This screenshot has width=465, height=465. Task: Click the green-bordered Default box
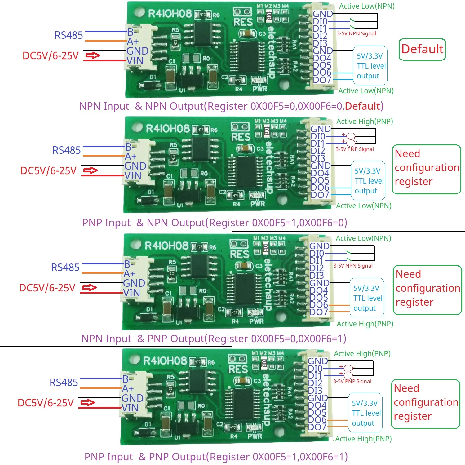click(x=422, y=49)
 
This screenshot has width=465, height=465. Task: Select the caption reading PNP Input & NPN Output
click(x=215, y=223)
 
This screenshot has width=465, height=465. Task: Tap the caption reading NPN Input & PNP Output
click(x=214, y=339)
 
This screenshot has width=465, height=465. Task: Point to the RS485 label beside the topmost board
click(x=69, y=35)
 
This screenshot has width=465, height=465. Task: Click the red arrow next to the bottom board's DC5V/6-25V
click(x=88, y=403)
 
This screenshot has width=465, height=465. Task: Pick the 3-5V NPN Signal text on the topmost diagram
click(x=356, y=33)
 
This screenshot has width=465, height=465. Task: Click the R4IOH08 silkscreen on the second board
click(x=167, y=129)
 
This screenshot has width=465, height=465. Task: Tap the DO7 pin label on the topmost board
click(x=322, y=80)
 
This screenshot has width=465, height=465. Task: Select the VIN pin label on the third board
click(x=131, y=293)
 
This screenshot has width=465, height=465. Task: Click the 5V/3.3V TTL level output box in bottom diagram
click(x=365, y=413)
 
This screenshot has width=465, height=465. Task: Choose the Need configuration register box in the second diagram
click(x=427, y=169)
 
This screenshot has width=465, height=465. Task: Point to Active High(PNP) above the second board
click(x=365, y=122)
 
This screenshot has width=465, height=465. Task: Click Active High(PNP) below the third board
click(x=365, y=324)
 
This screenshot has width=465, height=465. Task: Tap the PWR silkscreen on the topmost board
click(x=260, y=89)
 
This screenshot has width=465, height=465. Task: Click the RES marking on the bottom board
click(x=238, y=369)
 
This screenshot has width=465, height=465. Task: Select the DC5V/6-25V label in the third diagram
click(x=47, y=288)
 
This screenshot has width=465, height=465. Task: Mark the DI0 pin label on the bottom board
click(x=315, y=369)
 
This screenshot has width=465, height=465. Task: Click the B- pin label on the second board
click(x=130, y=147)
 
